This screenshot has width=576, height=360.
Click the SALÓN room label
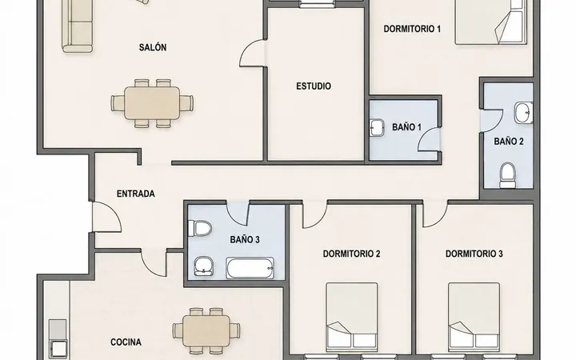[x=153, y=47]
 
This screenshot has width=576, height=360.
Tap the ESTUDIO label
[x=314, y=86]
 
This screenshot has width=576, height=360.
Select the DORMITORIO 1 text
[x=412, y=29]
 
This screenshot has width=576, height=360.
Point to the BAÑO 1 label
[x=406, y=127]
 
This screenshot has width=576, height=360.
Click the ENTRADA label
[x=135, y=194]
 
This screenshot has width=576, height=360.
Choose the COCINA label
[x=126, y=342]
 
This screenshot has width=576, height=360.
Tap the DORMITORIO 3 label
[x=474, y=254]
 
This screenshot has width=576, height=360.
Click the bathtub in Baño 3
[x=250, y=268]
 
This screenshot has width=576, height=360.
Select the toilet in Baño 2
[x=508, y=175]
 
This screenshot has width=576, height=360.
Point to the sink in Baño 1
[x=377, y=128]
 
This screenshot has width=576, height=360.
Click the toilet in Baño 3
[x=200, y=228]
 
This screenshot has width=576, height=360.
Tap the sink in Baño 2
[x=523, y=113]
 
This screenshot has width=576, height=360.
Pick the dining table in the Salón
[x=152, y=103]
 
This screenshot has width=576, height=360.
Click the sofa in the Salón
[x=78, y=26]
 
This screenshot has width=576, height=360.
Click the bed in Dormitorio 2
[x=351, y=315]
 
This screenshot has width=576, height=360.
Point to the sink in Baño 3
[x=204, y=266]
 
